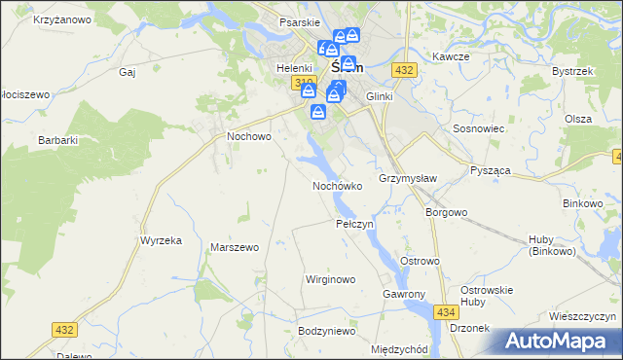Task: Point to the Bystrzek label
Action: pos(572,72)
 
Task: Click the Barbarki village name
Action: pos(57,140)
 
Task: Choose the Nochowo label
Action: pos(248,137)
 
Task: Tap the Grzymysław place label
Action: pos(408,179)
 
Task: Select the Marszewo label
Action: pos(235,247)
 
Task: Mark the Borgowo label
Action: pos(447,211)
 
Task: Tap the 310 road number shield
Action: pos(303,83)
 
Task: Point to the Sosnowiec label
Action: pos(477,127)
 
